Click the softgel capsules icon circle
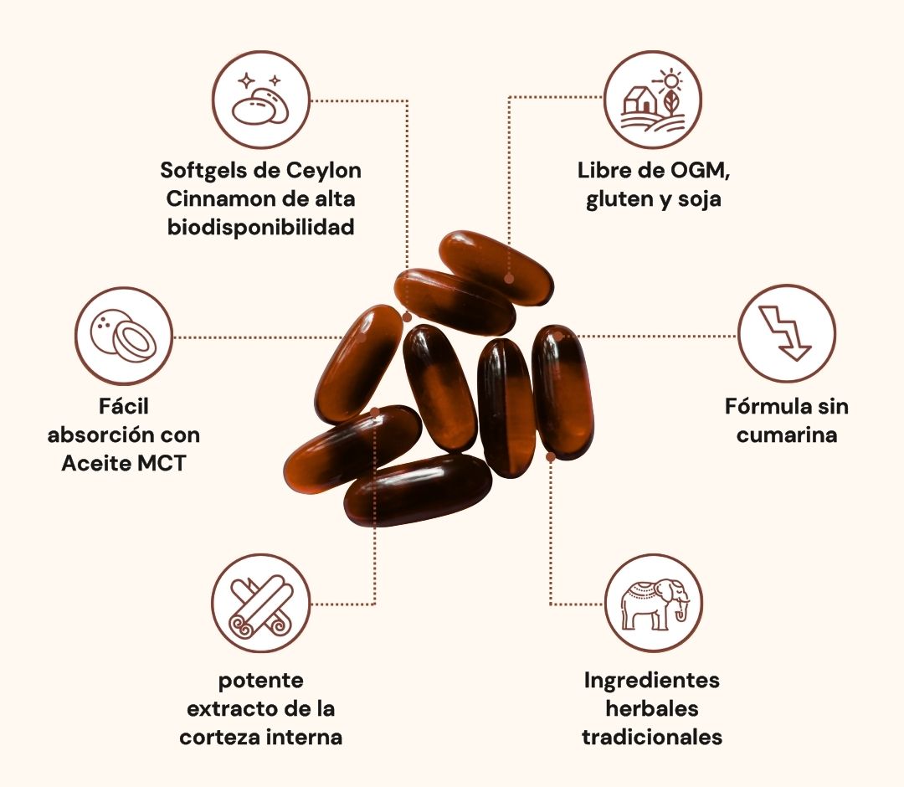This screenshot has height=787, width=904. pos(261,100)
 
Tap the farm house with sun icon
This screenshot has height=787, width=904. pos(653,100)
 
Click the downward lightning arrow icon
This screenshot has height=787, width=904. pos(786,333)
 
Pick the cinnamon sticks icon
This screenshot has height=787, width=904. pos(261,603)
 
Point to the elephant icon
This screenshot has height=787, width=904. pos(654,603)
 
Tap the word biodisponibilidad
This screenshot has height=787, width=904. pos(261,227)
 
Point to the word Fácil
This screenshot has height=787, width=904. pos(124,407)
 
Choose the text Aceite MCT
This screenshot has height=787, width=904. pos(124,463)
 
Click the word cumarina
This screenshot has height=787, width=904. pos(787,435)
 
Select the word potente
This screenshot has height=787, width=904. pos(261,680)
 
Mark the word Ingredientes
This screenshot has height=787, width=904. pos(652,680)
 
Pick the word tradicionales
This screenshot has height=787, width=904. pos(652,737)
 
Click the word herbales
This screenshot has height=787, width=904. pos(652,708)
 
